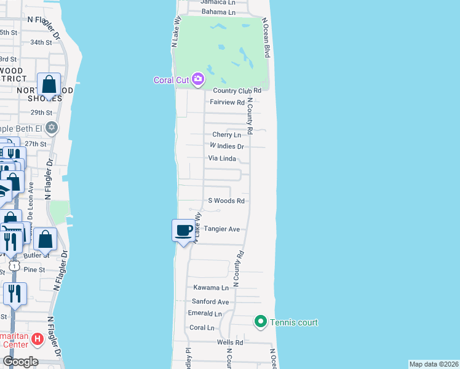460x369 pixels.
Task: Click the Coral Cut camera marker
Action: click(x=198, y=79)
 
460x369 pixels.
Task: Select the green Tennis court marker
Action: click(x=260, y=322)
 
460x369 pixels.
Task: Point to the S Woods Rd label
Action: click(x=226, y=200)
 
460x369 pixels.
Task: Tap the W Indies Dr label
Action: click(x=227, y=146)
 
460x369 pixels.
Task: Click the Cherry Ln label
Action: click(x=226, y=135)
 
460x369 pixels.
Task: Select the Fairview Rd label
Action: click(x=228, y=102)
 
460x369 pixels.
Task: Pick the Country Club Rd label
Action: click(x=238, y=90)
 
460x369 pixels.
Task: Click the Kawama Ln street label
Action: click(x=211, y=287)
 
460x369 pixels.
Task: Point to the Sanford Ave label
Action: click(x=210, y=301)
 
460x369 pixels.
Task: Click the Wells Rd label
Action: click(x=230, y=342)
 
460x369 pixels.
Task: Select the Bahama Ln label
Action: click(x=219, y=12)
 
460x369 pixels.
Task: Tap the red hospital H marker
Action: click(x=37, y=338)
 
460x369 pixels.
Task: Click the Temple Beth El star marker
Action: click(x=52, y=128)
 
